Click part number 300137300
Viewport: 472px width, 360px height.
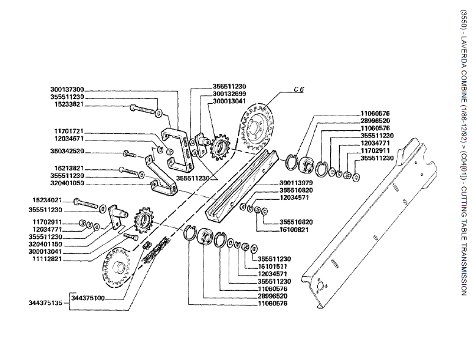[x=67, y=89]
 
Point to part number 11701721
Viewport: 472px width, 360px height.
[x=69, y=131]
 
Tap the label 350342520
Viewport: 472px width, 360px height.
[x=67, y=150]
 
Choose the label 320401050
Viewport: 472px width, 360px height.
[x=67, y=182]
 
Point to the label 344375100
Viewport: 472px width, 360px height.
[x=88, y=298]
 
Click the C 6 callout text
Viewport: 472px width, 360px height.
[x=298, y=90]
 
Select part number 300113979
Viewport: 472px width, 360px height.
[x=296, y=182]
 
